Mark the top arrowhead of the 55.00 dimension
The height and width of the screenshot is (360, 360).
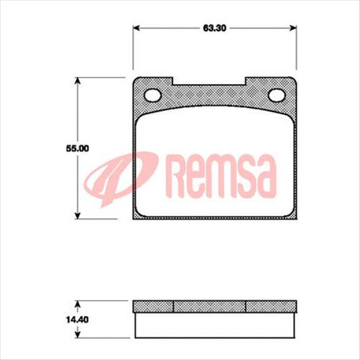[78, 80]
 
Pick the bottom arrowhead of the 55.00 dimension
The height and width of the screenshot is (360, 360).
[78, 216]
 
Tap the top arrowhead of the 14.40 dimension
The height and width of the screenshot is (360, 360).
[78, 302]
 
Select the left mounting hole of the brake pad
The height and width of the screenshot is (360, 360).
[152, 95]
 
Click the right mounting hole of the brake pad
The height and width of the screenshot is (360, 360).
[277, 95]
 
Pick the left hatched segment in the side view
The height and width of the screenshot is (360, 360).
[154, 305]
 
